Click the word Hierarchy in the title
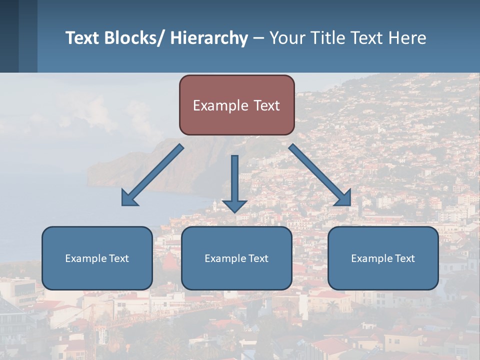click(x=208, y=38)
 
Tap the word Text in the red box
click(x=266, y=105)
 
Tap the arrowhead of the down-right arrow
click(x=344, y=198)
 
